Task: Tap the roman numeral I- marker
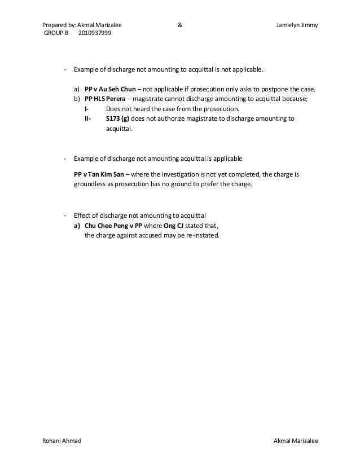[x=86, y=109]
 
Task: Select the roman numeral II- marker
[x=87, y=118]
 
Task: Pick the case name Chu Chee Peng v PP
[x=113, y=225]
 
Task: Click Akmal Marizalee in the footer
[x=295, y=439]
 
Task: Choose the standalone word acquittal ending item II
[x=118, y=129]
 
